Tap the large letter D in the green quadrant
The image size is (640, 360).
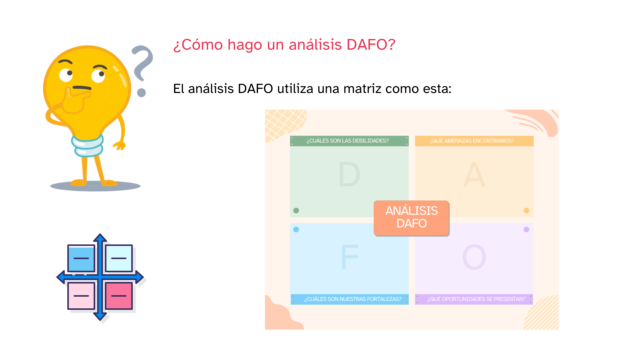click(x=349, y=174)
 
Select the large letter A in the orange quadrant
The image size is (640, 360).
click(x=474, y=174)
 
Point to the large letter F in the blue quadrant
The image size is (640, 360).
click(x=350, y=257)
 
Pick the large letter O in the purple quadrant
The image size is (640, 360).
click(x=474, y=257)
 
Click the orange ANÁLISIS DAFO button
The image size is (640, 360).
click(x=412, y=218)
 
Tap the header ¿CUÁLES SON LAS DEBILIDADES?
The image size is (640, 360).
click(x=348, y=141)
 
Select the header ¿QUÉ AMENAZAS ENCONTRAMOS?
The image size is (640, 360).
click(x=472, y=141)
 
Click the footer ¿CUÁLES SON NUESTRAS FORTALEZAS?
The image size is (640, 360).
click(x=353, y=299)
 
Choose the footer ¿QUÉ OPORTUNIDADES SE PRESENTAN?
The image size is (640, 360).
click(x=476, y=299)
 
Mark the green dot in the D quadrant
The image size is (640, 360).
click(x=296, y=210)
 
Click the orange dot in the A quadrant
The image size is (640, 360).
click(x=526, y=210)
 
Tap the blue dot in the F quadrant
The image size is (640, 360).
click(x=296, y=229)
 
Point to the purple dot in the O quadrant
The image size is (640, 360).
click(x=526, y=229)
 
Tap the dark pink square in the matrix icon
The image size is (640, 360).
click(x=119, y=296)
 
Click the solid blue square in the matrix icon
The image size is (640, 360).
click(x=81, y=258)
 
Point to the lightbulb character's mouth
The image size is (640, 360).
click(x=82, y=88)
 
